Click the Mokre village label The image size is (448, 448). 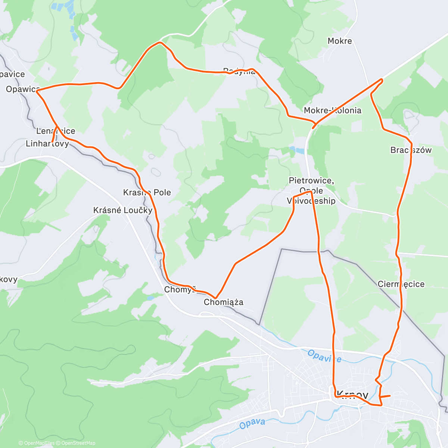(x=340, y=41)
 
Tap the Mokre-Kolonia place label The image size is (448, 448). (x=333, y=110)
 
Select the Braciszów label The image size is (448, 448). (x=411, y=150)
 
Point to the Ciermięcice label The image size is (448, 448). (x=401, y=284)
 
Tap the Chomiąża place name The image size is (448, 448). (x=224, y=302)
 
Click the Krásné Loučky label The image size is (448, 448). (x=123, y=210)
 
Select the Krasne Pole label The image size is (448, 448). (x=147, y=193)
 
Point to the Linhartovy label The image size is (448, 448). (x=47, y=144)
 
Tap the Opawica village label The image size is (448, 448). (x=22, y=89)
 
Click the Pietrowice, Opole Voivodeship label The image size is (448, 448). (x=311, y=190)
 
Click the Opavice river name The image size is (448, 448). (x=324, y=356)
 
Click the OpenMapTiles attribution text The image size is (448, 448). (x=39, y=443)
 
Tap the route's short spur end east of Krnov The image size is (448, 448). (x=390, y=395)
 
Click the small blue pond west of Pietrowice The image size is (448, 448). (x=297, y=150)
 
